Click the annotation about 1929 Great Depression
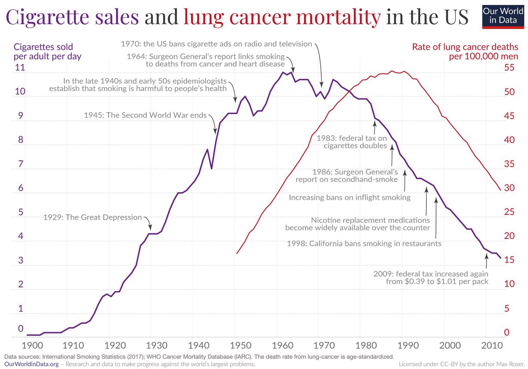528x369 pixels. (92, 217)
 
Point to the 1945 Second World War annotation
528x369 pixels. (145, 115)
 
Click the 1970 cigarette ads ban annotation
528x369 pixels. (216, 44)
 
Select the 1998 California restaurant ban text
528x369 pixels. (364, 243)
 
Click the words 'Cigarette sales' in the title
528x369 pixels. (71, 17)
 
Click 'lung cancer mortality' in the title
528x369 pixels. (282, 17)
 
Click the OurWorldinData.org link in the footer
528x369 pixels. (25, 365)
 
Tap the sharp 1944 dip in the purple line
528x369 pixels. (212, 168)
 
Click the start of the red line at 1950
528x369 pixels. (237, 253)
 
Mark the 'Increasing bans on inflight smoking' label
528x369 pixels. (349, 198)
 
